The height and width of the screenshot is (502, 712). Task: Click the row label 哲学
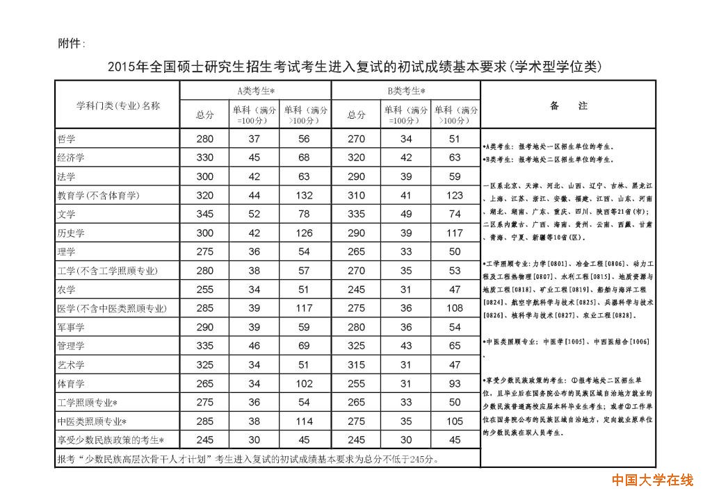click(x=67, y=139)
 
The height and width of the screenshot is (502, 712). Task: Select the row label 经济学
click(x=71, y=158)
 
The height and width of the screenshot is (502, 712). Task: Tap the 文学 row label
click(x=67, y=215)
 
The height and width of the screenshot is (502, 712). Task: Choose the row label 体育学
click(x=71, y=383)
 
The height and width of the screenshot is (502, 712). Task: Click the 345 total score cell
click(x=205, y=215)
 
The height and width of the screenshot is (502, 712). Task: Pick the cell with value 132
click(x=304, y=196)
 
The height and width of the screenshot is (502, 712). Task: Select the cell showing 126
click(x=304, y=233)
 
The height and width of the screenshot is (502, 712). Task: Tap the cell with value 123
click(x=455, y=196)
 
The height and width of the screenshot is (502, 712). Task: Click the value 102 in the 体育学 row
click(x=304, y=383)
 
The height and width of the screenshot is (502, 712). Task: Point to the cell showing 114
click(x=304, y=421)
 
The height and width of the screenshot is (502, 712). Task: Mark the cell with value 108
click(x=455, y=308)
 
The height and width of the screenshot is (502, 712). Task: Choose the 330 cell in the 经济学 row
click(x=205, y=158)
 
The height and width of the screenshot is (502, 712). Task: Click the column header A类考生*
click(x=255, y=90)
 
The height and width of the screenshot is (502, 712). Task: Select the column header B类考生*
click(x=406, y=90)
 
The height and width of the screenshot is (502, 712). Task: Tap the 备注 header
click(x=568, y=106)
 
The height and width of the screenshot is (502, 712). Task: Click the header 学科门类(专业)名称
click(x=118, y=106)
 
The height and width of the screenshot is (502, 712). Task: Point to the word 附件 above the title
click(x=70, y=44)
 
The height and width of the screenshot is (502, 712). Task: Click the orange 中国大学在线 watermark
click(x=652, y=480)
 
